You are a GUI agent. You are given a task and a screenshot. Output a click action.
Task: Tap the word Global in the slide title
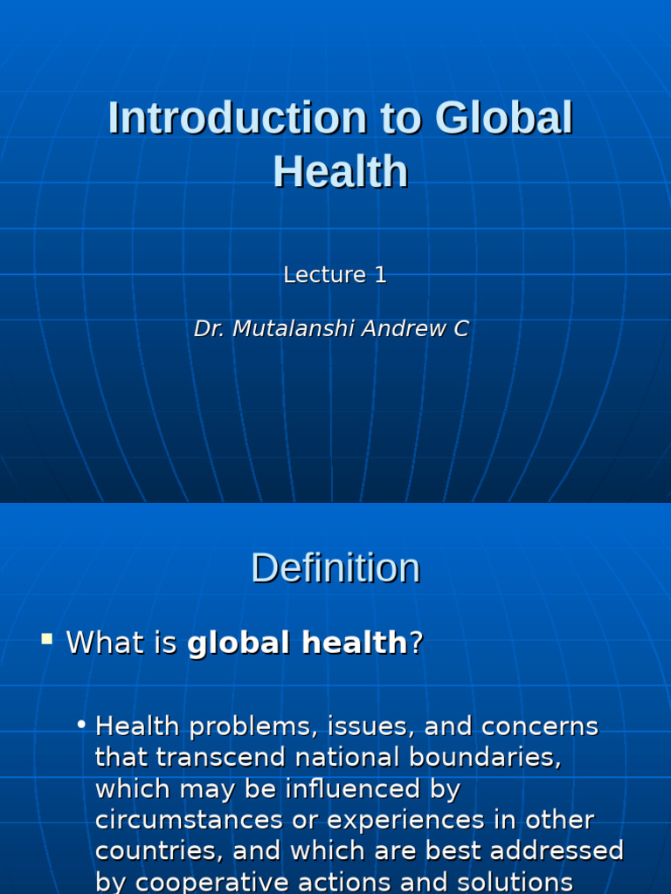[x=503, y=118]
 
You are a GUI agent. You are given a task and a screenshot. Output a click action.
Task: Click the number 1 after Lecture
[x=380, y=275]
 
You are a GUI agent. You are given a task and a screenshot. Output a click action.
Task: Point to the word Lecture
[x=324, y=275]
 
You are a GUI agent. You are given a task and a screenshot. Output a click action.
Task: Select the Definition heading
[x=335, y=568]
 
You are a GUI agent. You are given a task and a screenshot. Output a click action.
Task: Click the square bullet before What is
[x=46, y=639]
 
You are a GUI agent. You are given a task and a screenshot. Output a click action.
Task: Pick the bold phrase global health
[x=297, y=643]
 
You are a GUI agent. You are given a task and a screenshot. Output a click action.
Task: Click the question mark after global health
[x=416, y=643]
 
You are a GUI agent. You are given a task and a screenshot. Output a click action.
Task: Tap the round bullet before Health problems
[x=80, y=725]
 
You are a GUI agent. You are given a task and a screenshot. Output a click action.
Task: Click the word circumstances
[x=189, y=820]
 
